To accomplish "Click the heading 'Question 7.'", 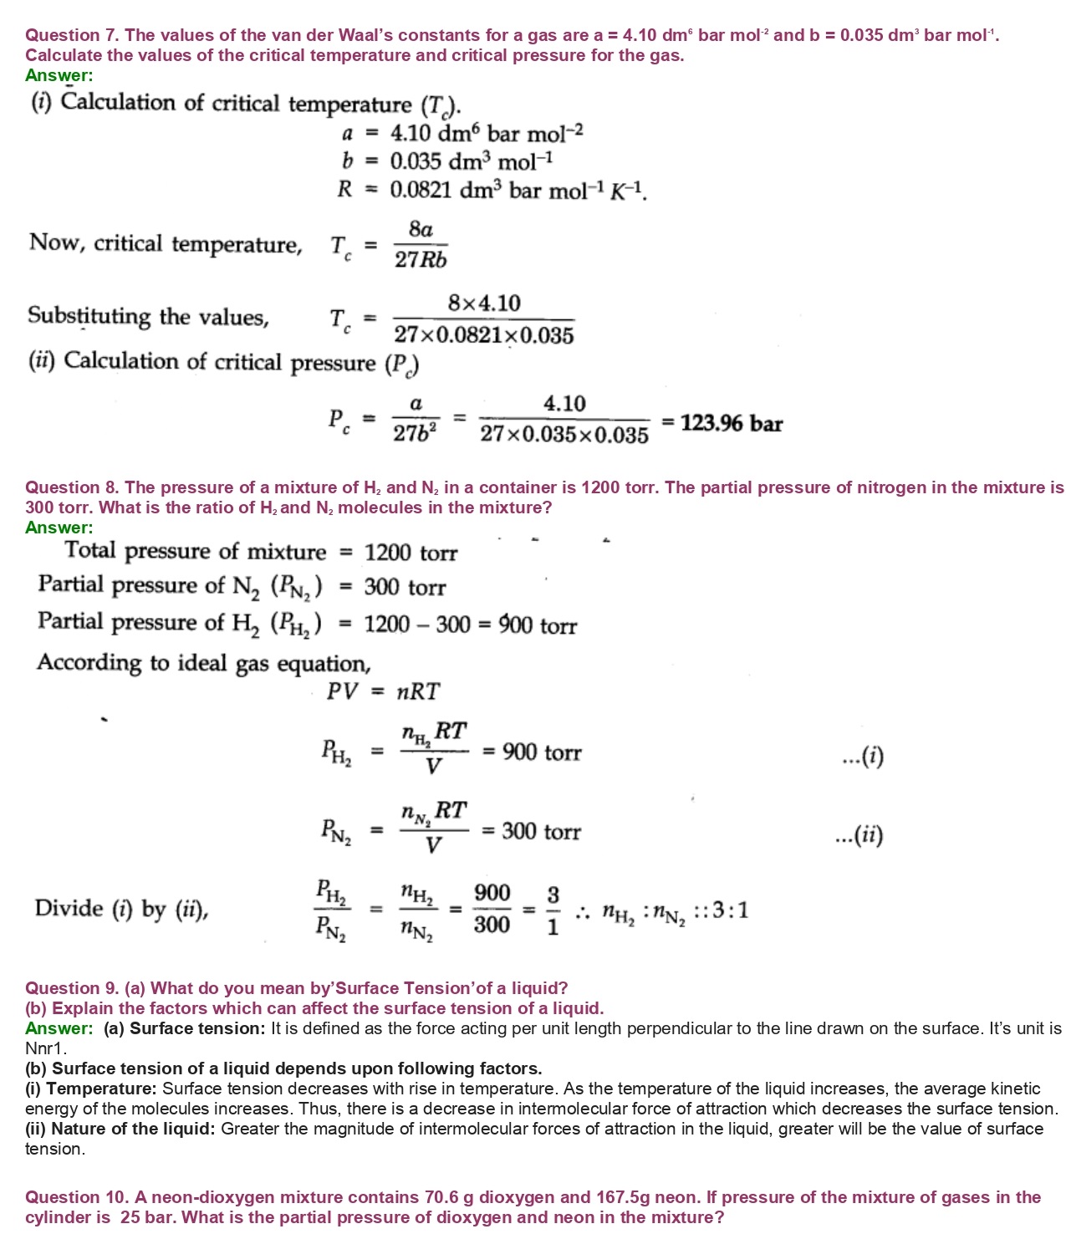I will [x=73, y=35].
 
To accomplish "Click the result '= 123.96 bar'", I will [x=723, y=423].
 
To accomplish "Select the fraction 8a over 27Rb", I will [x=421, y=244].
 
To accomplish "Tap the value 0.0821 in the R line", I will [x=421, y=190].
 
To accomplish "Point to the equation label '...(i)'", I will [x=863, y=757].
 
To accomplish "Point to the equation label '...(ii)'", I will [x=859, y=835].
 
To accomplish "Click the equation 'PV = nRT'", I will [x=383, y=691].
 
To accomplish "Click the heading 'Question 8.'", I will [x=73, y=487].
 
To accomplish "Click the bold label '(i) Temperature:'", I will [x=91, y=1089].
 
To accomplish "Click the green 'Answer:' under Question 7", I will [x=59, y=75].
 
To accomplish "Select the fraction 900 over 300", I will [x=492, y=909].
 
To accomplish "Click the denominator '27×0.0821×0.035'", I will [x=484, y=335].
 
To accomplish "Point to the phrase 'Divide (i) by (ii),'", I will [x=121, y=909].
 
